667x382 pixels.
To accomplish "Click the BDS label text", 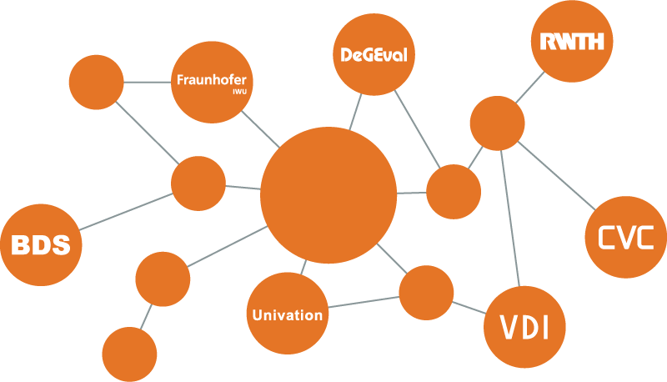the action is click(x=41, y=245).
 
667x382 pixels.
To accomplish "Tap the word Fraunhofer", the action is click(x=212, y=79).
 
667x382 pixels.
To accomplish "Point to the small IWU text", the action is click(x=239, y=92).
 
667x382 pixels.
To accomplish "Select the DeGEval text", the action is click(x=374, y=55).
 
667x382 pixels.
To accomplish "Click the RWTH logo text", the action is click(x=572, y=41).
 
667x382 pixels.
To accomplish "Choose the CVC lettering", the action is click(x=626, y=238).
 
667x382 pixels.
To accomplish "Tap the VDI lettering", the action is click(x=524, y=327).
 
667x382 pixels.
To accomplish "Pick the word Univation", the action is click(x=288, y=315).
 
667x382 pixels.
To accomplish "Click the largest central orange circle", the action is click(x=328, y=195).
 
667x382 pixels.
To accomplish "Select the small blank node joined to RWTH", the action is click(x=497, y=123).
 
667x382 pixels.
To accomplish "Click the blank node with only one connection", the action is click(x=129, y=354).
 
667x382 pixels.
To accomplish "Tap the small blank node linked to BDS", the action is click(x=198, y=183).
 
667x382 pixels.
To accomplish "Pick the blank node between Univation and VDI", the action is click(x=426, y=293).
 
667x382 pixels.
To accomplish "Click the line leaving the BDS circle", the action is click(x=126, y=212).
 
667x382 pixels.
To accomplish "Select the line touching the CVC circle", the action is click(x=557, y=176).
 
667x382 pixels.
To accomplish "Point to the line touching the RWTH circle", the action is click(x=530, y=88).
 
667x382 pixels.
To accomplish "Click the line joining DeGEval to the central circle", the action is click(x=356, y=112).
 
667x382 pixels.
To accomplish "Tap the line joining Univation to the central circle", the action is click(x=303, y=268).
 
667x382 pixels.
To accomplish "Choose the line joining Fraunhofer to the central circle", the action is click(x=260, y=129).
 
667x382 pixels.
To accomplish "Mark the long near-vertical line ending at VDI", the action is click(x=510, y=219).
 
